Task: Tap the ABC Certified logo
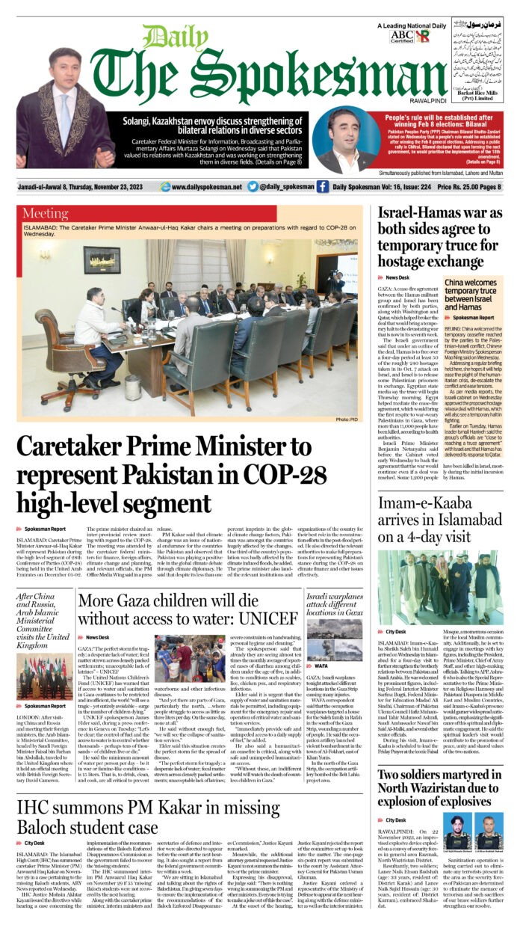(401, 35)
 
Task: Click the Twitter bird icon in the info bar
(253, 187)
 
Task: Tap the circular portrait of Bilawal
(344, 141)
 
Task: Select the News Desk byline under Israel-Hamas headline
(397, 277)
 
